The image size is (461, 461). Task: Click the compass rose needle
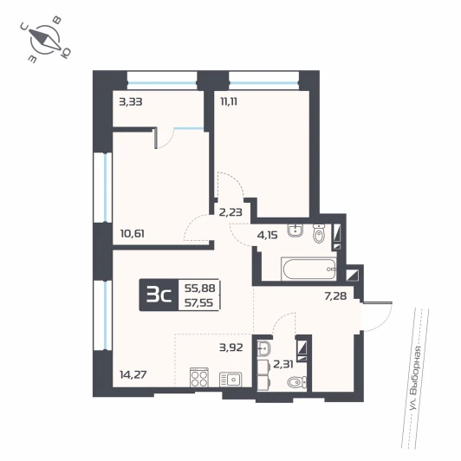[x=45, y=40]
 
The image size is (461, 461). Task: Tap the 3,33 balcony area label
[x=131, y=102]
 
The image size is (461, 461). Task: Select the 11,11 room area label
[x=229, y=101]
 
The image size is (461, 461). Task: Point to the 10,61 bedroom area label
[x=133, y=234]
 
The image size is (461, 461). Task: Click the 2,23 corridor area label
[x=230, y=212]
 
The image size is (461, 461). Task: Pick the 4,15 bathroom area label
[x=267, y=235]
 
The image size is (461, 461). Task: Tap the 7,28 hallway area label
[x=335, y=295]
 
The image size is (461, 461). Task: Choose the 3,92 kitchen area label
[x=231, y=347]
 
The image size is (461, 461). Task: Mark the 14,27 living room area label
[x=133, y=374]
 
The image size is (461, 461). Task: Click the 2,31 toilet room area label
[x=283, y=365]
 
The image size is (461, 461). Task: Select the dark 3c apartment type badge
[x=159, y=295]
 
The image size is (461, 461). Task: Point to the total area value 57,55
[x=198, y=302]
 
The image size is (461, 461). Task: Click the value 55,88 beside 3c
[x=199, y=288]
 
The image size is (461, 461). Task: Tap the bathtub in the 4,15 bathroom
[x=308, y=269]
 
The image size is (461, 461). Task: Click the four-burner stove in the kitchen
[x=199, y=377]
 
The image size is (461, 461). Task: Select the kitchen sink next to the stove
[x=230, y=380]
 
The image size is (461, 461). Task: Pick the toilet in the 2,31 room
[x=296, y=382]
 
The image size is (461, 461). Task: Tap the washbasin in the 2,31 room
[x=264, y=349]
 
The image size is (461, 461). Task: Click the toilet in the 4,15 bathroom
[x=318, y=233]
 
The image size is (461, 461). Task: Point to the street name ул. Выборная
[x=416, y=380]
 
